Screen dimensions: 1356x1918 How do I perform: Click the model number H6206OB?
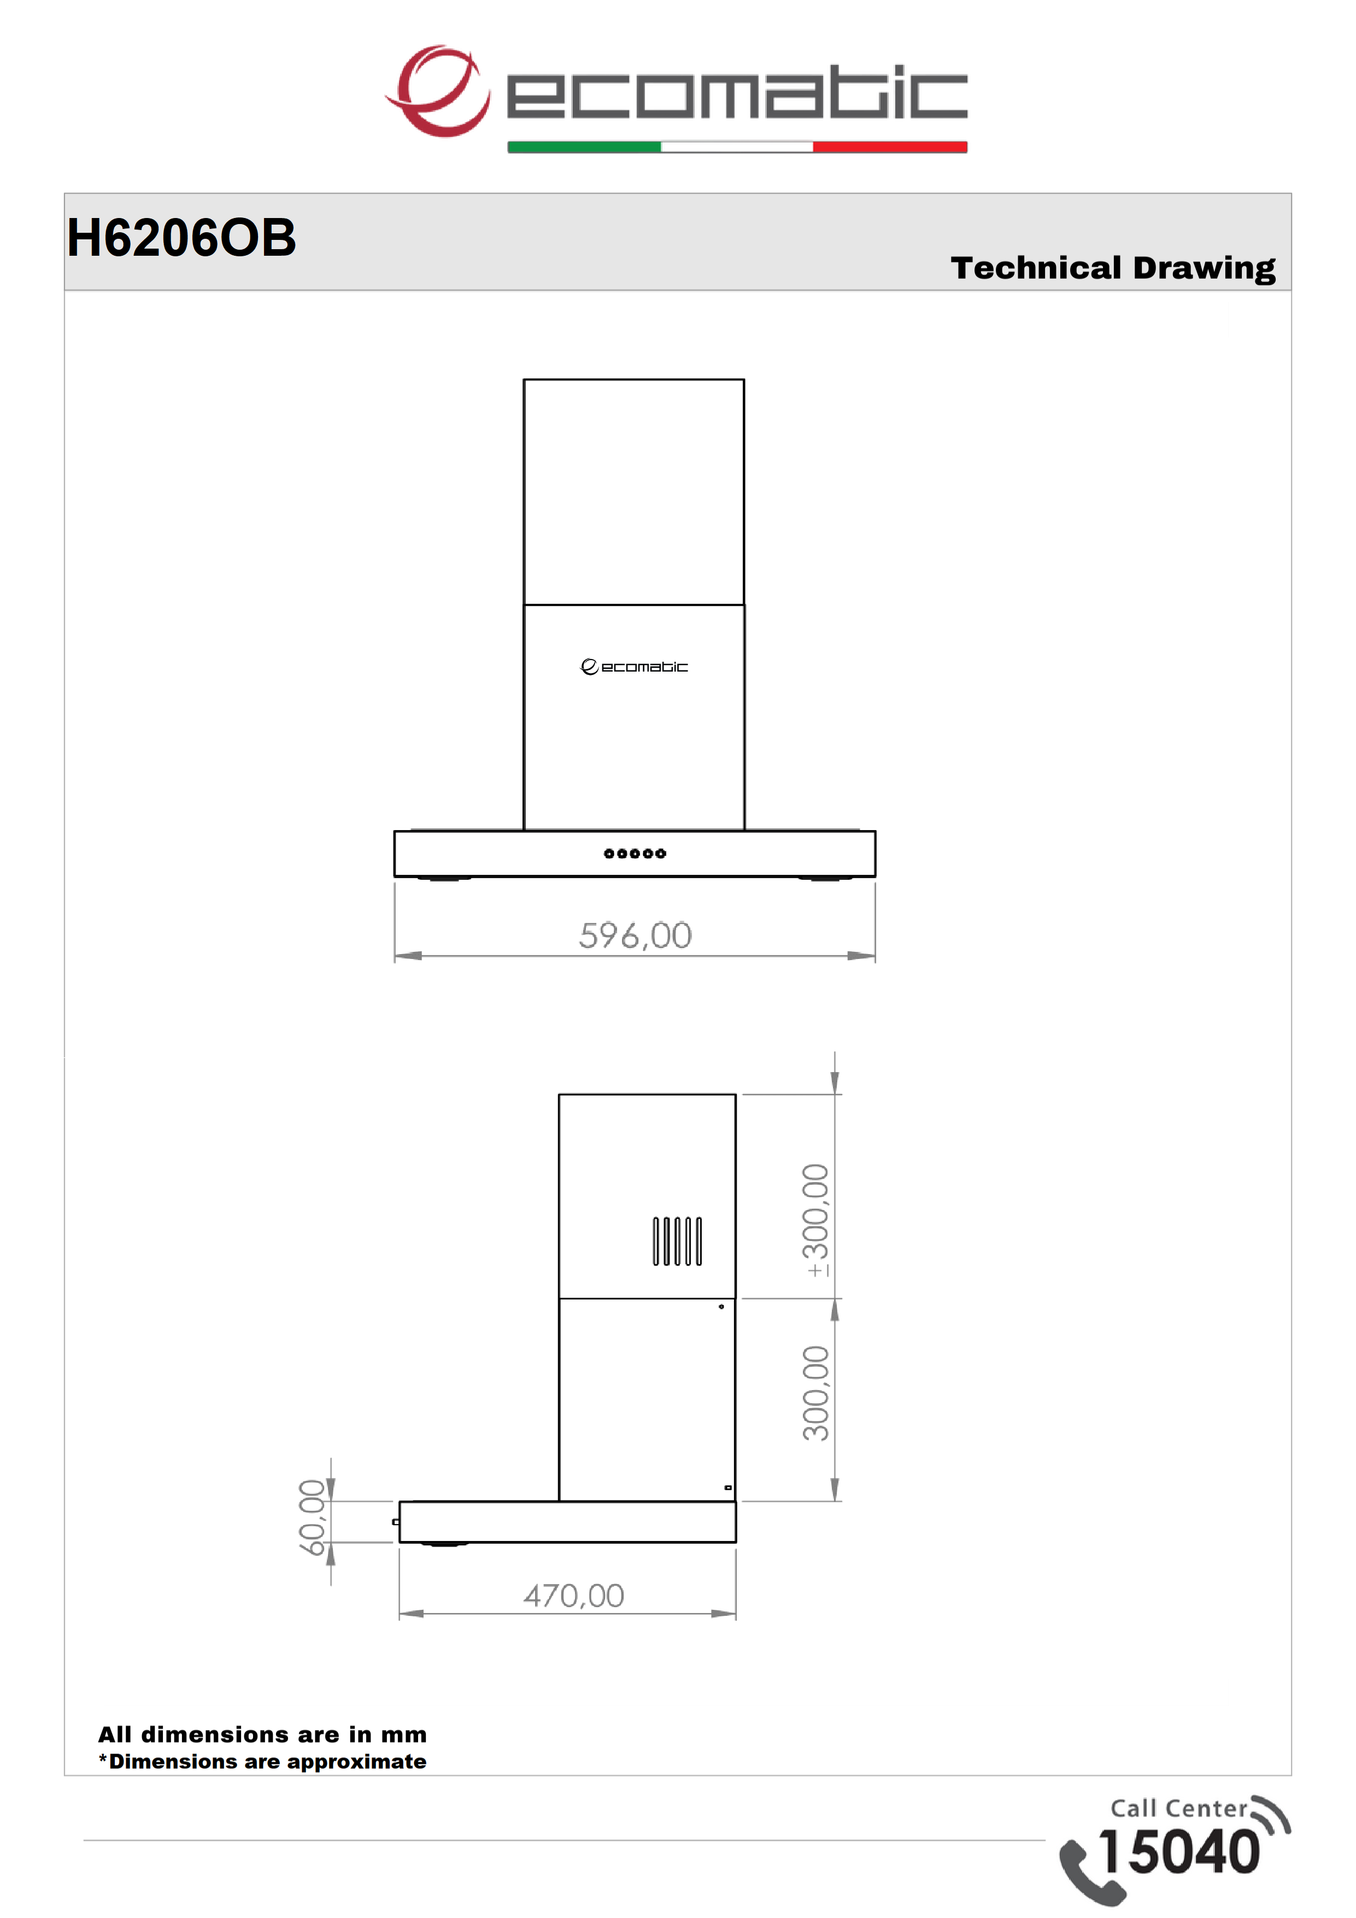[181, 237]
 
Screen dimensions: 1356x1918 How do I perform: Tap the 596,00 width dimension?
[636, 936]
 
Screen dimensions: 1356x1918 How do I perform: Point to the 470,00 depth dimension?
[574, 1596]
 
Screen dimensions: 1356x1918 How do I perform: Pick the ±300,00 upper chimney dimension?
[814, 1220]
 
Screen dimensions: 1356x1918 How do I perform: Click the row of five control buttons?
[635, 854]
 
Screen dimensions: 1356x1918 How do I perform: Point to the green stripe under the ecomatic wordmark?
[584, 147]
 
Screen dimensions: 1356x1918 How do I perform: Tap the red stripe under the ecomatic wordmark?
[890, 147]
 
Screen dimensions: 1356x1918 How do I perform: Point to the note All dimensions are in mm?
[262, 1735]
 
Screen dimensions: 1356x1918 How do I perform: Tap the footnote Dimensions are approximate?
[262, 1762]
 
